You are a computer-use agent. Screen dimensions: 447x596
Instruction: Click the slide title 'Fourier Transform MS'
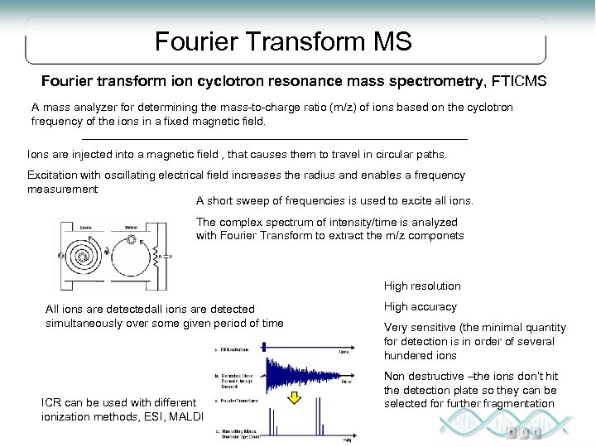click(x=283, y=40)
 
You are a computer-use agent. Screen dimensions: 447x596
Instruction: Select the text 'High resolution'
click(x=422, y=286)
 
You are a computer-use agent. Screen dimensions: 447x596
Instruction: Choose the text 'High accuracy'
click(x=419, y=307)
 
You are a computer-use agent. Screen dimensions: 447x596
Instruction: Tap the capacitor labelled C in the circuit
click(x=171, y=256)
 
